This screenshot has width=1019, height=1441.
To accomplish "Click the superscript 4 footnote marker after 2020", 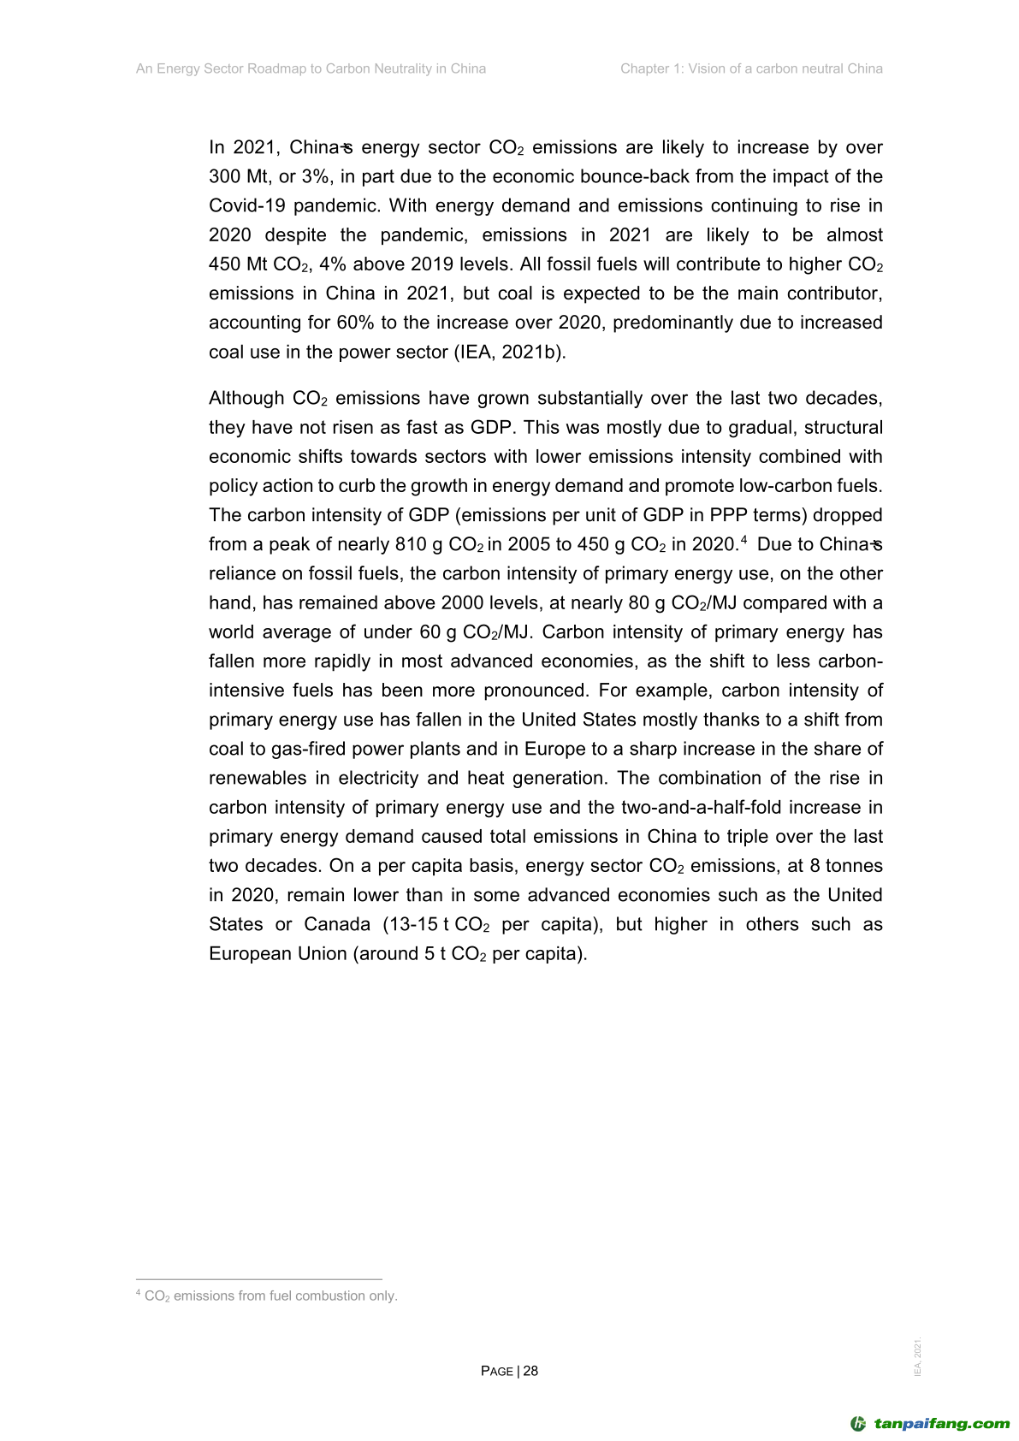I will click(x=744, y=540).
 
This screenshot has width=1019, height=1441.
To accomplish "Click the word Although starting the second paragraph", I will click(x=246, y=399).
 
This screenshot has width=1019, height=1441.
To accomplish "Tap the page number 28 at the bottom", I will click(x=530, y=1371).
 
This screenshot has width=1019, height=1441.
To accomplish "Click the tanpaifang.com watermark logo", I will click(x=930, y=1424).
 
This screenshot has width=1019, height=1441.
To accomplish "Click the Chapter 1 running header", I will click(x=751, y=68).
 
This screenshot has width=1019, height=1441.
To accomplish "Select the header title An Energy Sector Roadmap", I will click(x=311, y=68).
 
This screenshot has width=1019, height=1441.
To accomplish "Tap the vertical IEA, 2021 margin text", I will click(x=918, y=1357).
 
